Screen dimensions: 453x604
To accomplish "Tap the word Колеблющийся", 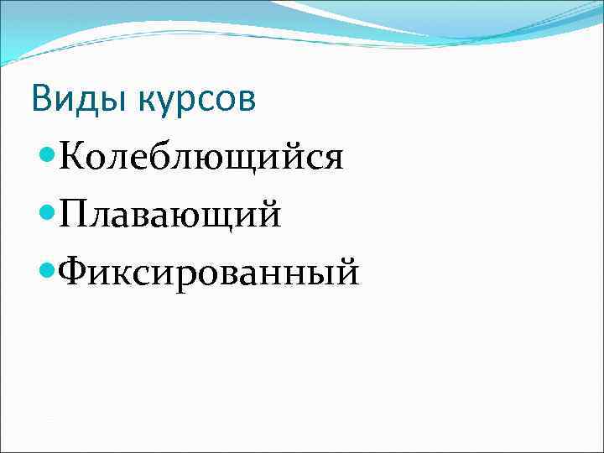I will coord(201,157).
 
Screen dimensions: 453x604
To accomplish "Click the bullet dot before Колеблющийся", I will coord(49,155).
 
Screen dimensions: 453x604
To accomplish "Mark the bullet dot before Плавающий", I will coord(49,212).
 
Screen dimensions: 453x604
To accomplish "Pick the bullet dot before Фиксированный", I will coord(49,269).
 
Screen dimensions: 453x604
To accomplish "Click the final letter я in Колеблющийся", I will coord(333,159).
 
